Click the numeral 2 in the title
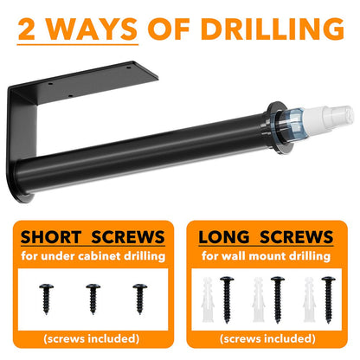[x=27, y=29]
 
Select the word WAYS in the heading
[x=92, y=29]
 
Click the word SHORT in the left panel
[x=51, y=237]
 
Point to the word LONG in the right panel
[x=224, y=237]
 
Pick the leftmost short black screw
[x=47, y=299]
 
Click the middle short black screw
[x=93, y=299]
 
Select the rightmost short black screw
[x=140, y=299]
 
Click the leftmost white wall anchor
[x=208, y=299]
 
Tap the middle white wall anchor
[x=259, y=299]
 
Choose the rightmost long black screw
[x=329, y=299]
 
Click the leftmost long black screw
[x=227, y=299]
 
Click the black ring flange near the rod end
[x=278, y=127]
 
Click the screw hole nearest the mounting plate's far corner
[x=129, y=67]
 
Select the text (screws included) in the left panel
[x=92, y=338]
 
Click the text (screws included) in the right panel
[x=267, y=338]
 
